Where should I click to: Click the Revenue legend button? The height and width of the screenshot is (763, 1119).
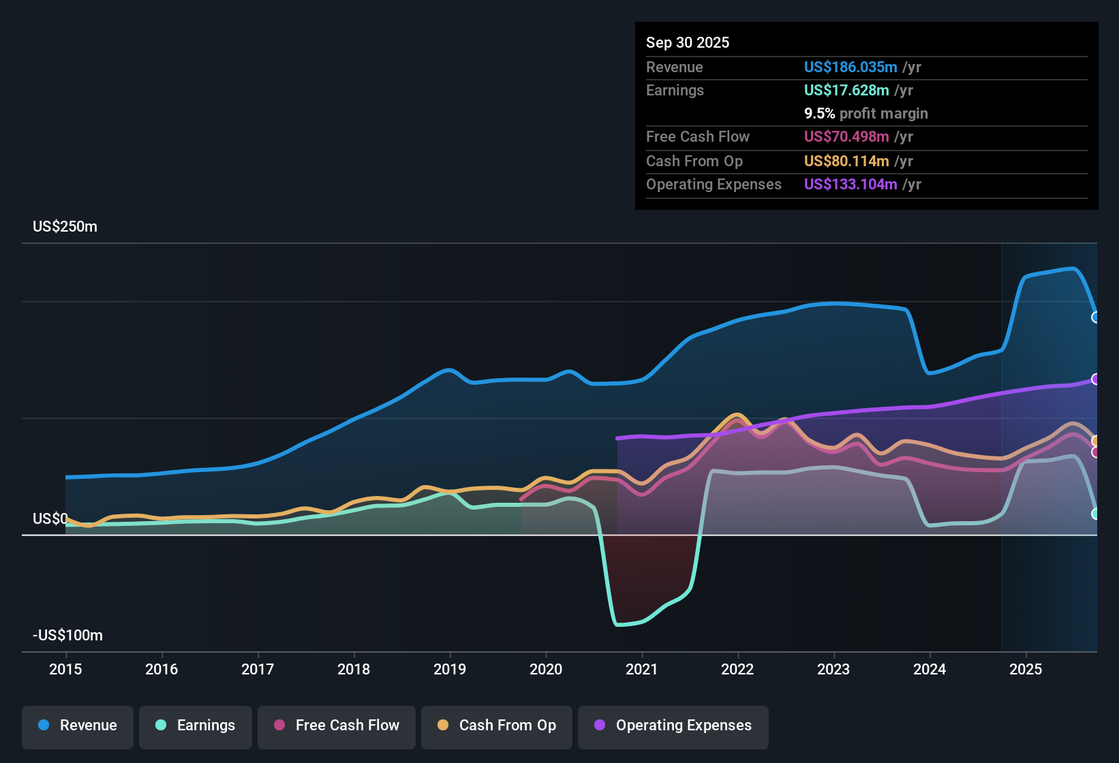[78, 726]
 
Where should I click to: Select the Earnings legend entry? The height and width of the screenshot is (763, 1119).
[196, 726]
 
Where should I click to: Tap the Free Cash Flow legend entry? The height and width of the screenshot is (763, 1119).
[337, 726]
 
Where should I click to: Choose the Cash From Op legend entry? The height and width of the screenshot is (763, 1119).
[497, 726]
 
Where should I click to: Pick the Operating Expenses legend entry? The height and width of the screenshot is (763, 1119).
[673, 726]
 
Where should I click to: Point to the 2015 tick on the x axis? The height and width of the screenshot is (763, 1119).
[65, 669]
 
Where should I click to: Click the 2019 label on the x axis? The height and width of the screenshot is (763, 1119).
[450, 669]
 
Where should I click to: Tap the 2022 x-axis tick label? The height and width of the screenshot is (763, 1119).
[737, 669]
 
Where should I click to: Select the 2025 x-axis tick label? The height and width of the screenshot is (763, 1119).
[1026, 669]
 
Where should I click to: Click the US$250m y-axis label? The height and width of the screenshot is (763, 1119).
[65, 227]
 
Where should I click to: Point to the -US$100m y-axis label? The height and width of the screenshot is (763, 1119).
[68, 636]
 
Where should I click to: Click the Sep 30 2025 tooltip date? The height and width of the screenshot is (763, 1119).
[688, 42]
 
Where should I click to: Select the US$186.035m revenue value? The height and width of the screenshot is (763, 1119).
[850, 67]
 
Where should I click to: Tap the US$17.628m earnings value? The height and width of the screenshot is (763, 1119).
[846, 91]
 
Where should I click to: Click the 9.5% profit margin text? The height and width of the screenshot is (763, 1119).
[865, 114]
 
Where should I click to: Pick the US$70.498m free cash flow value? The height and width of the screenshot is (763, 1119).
[846, 137]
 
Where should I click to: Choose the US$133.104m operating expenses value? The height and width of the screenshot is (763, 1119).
[850, 185]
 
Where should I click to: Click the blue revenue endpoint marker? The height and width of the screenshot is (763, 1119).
[1095, 317]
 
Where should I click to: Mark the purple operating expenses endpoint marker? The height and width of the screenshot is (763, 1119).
[1095, 379]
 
